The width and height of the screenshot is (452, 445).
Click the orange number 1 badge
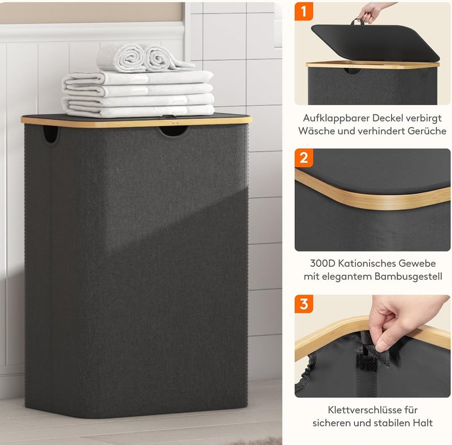click(x=304, y=11)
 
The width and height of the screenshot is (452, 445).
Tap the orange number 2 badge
click(x=304, y=158)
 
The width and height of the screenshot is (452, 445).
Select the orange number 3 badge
click(x=304, y=304)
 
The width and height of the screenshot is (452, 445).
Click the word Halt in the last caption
click(x=423, y=423)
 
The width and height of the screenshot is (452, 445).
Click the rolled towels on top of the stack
click(x=146, y=58)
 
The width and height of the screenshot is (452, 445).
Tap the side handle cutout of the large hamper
click(x=50, y=134)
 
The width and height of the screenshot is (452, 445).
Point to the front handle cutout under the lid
click(x=174, y=131)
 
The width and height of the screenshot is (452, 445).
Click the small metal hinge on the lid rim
click(x=173, y=122)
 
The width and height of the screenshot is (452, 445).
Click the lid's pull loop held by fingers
click(x=357, y=21)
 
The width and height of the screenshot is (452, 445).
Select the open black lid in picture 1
click(x=375, y=42)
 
